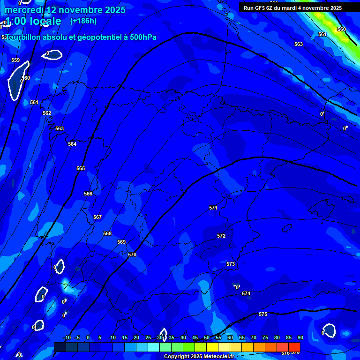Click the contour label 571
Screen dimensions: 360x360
click(x=213, y=208)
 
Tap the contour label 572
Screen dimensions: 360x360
click(x=221, y=236)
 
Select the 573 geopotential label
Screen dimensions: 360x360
click(x=231, y=264)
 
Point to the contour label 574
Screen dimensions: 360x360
click(x=246, y=293)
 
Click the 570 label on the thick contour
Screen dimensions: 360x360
click(x=132, y=255)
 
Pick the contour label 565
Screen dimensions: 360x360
click(x=81, y=168)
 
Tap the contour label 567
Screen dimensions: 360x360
click(x=97, y=217)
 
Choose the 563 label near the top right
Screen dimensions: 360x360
click(x=299, y=44)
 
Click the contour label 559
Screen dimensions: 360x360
click(x=15, y=60)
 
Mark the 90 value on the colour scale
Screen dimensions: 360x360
click(x=300, y=337)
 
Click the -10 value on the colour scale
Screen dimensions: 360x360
click(x=67, y=337)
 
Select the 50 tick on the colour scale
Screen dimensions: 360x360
click(x=207, y=337)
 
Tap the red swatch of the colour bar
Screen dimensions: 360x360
click(x=294, y=346)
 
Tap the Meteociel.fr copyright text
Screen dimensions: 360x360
click(x=198, y=357)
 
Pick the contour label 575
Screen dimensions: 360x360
click(x=263, y=314)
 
